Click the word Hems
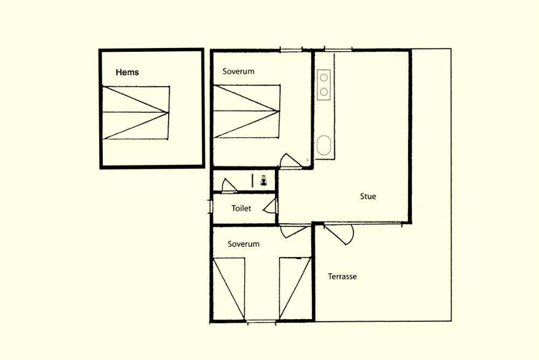127,72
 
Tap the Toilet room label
241,208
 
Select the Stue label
368,196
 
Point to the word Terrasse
342,276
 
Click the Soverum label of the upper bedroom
238,72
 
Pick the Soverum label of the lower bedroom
244,244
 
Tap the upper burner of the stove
324,78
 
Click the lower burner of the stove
324,92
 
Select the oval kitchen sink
324,145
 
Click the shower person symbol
264,181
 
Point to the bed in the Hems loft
136,113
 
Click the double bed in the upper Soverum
247,112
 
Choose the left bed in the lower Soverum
229,289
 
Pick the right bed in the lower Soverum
295,289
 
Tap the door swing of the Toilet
270,206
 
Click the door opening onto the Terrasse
340,234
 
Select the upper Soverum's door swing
291,161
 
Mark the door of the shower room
229,185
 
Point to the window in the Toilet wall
211,206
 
